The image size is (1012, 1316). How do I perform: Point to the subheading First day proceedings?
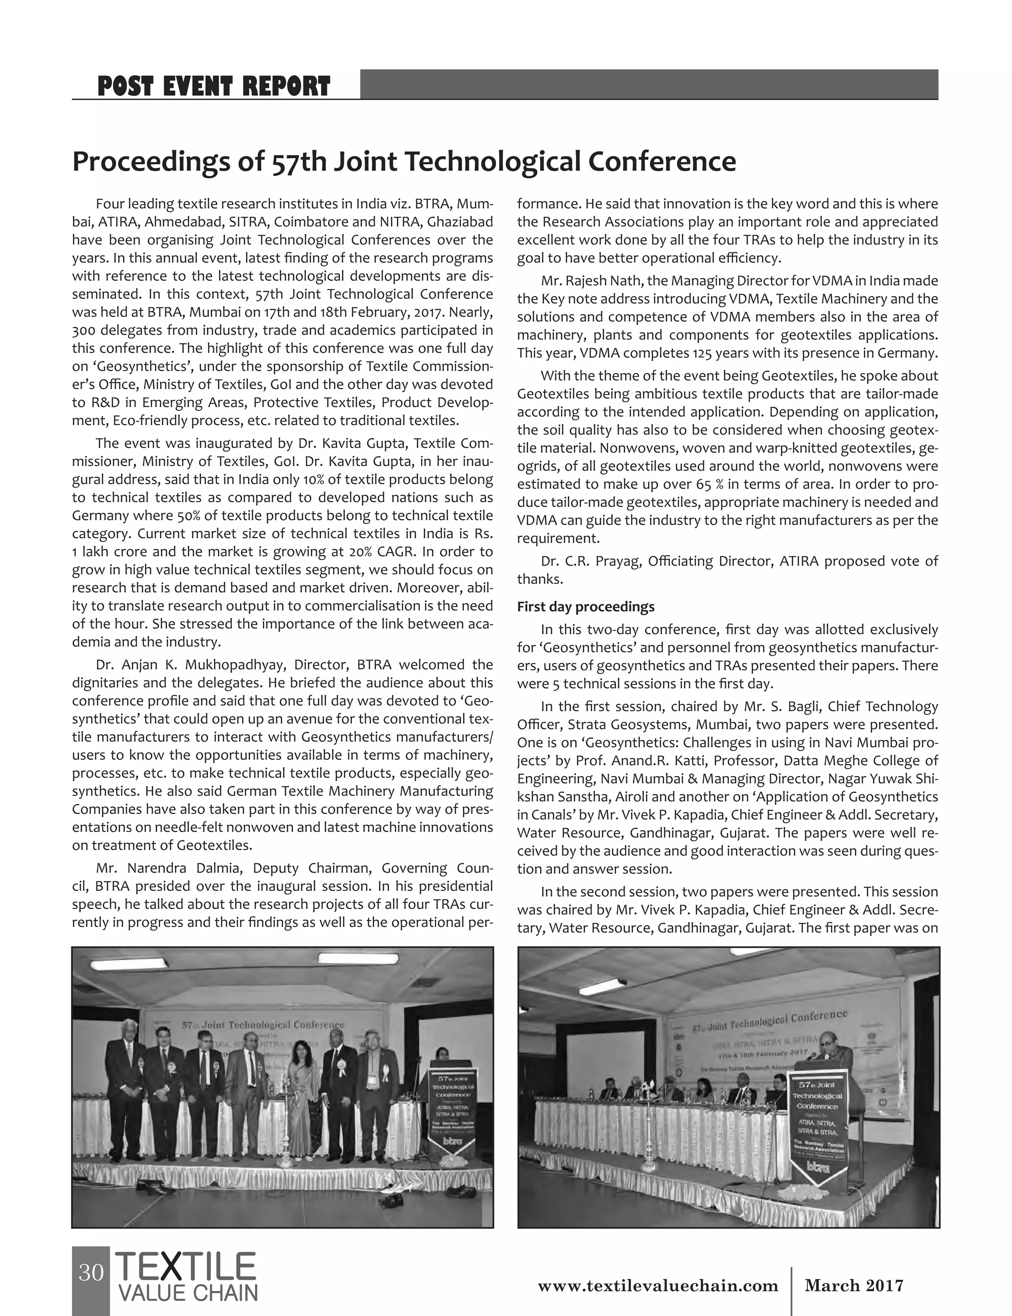click(586, 606)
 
